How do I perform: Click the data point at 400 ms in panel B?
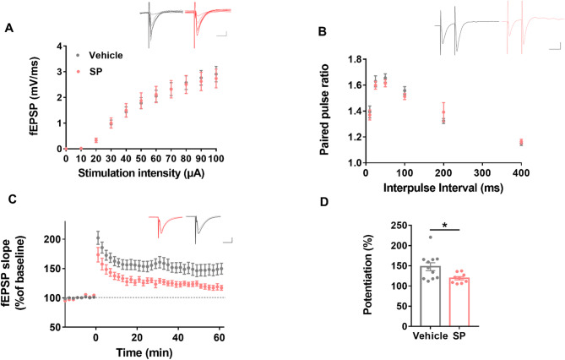[521, 142]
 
